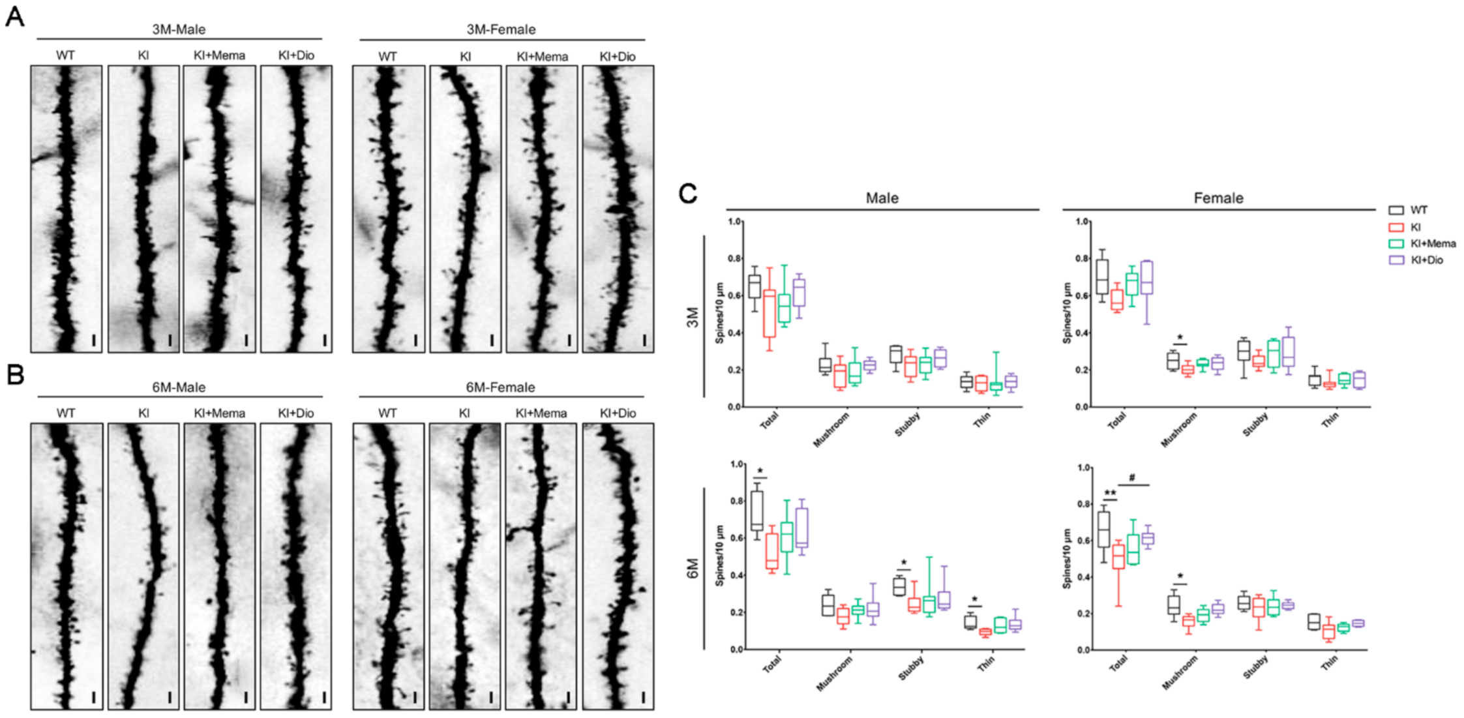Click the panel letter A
click(14, 16)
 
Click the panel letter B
click(14, 374)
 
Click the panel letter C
click(688, 194)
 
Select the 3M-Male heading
click(179, 29)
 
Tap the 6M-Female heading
click(500, 387)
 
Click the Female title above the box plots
click(1218, 198)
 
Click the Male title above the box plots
click(882, 198)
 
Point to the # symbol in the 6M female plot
click(1132, 478)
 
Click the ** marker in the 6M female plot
click(1110, 493)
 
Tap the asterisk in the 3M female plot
click(1180, 338)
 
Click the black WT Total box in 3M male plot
click(754, 286)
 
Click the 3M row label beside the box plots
click(693, 317)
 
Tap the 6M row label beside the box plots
click(693, 568)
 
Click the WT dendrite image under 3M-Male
click(66, 209)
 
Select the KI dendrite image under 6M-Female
click(464, 566)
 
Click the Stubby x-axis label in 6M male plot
click(910, 668)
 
